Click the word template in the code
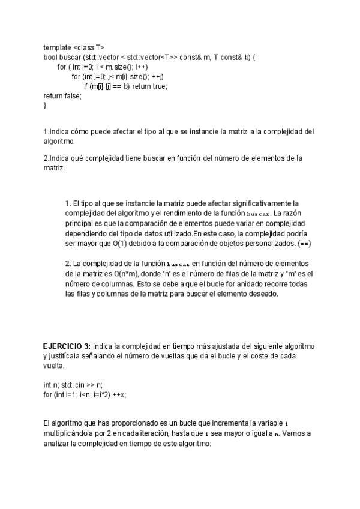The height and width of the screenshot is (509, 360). tap(56, 47)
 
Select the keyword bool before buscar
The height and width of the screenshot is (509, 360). tap(50, 57)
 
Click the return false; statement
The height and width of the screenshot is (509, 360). tap(62, 95)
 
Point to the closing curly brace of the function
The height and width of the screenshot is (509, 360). tap(45, 105)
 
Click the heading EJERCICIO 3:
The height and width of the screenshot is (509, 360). tap(67, 347)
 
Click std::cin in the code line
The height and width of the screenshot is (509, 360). tap(71, 385)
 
